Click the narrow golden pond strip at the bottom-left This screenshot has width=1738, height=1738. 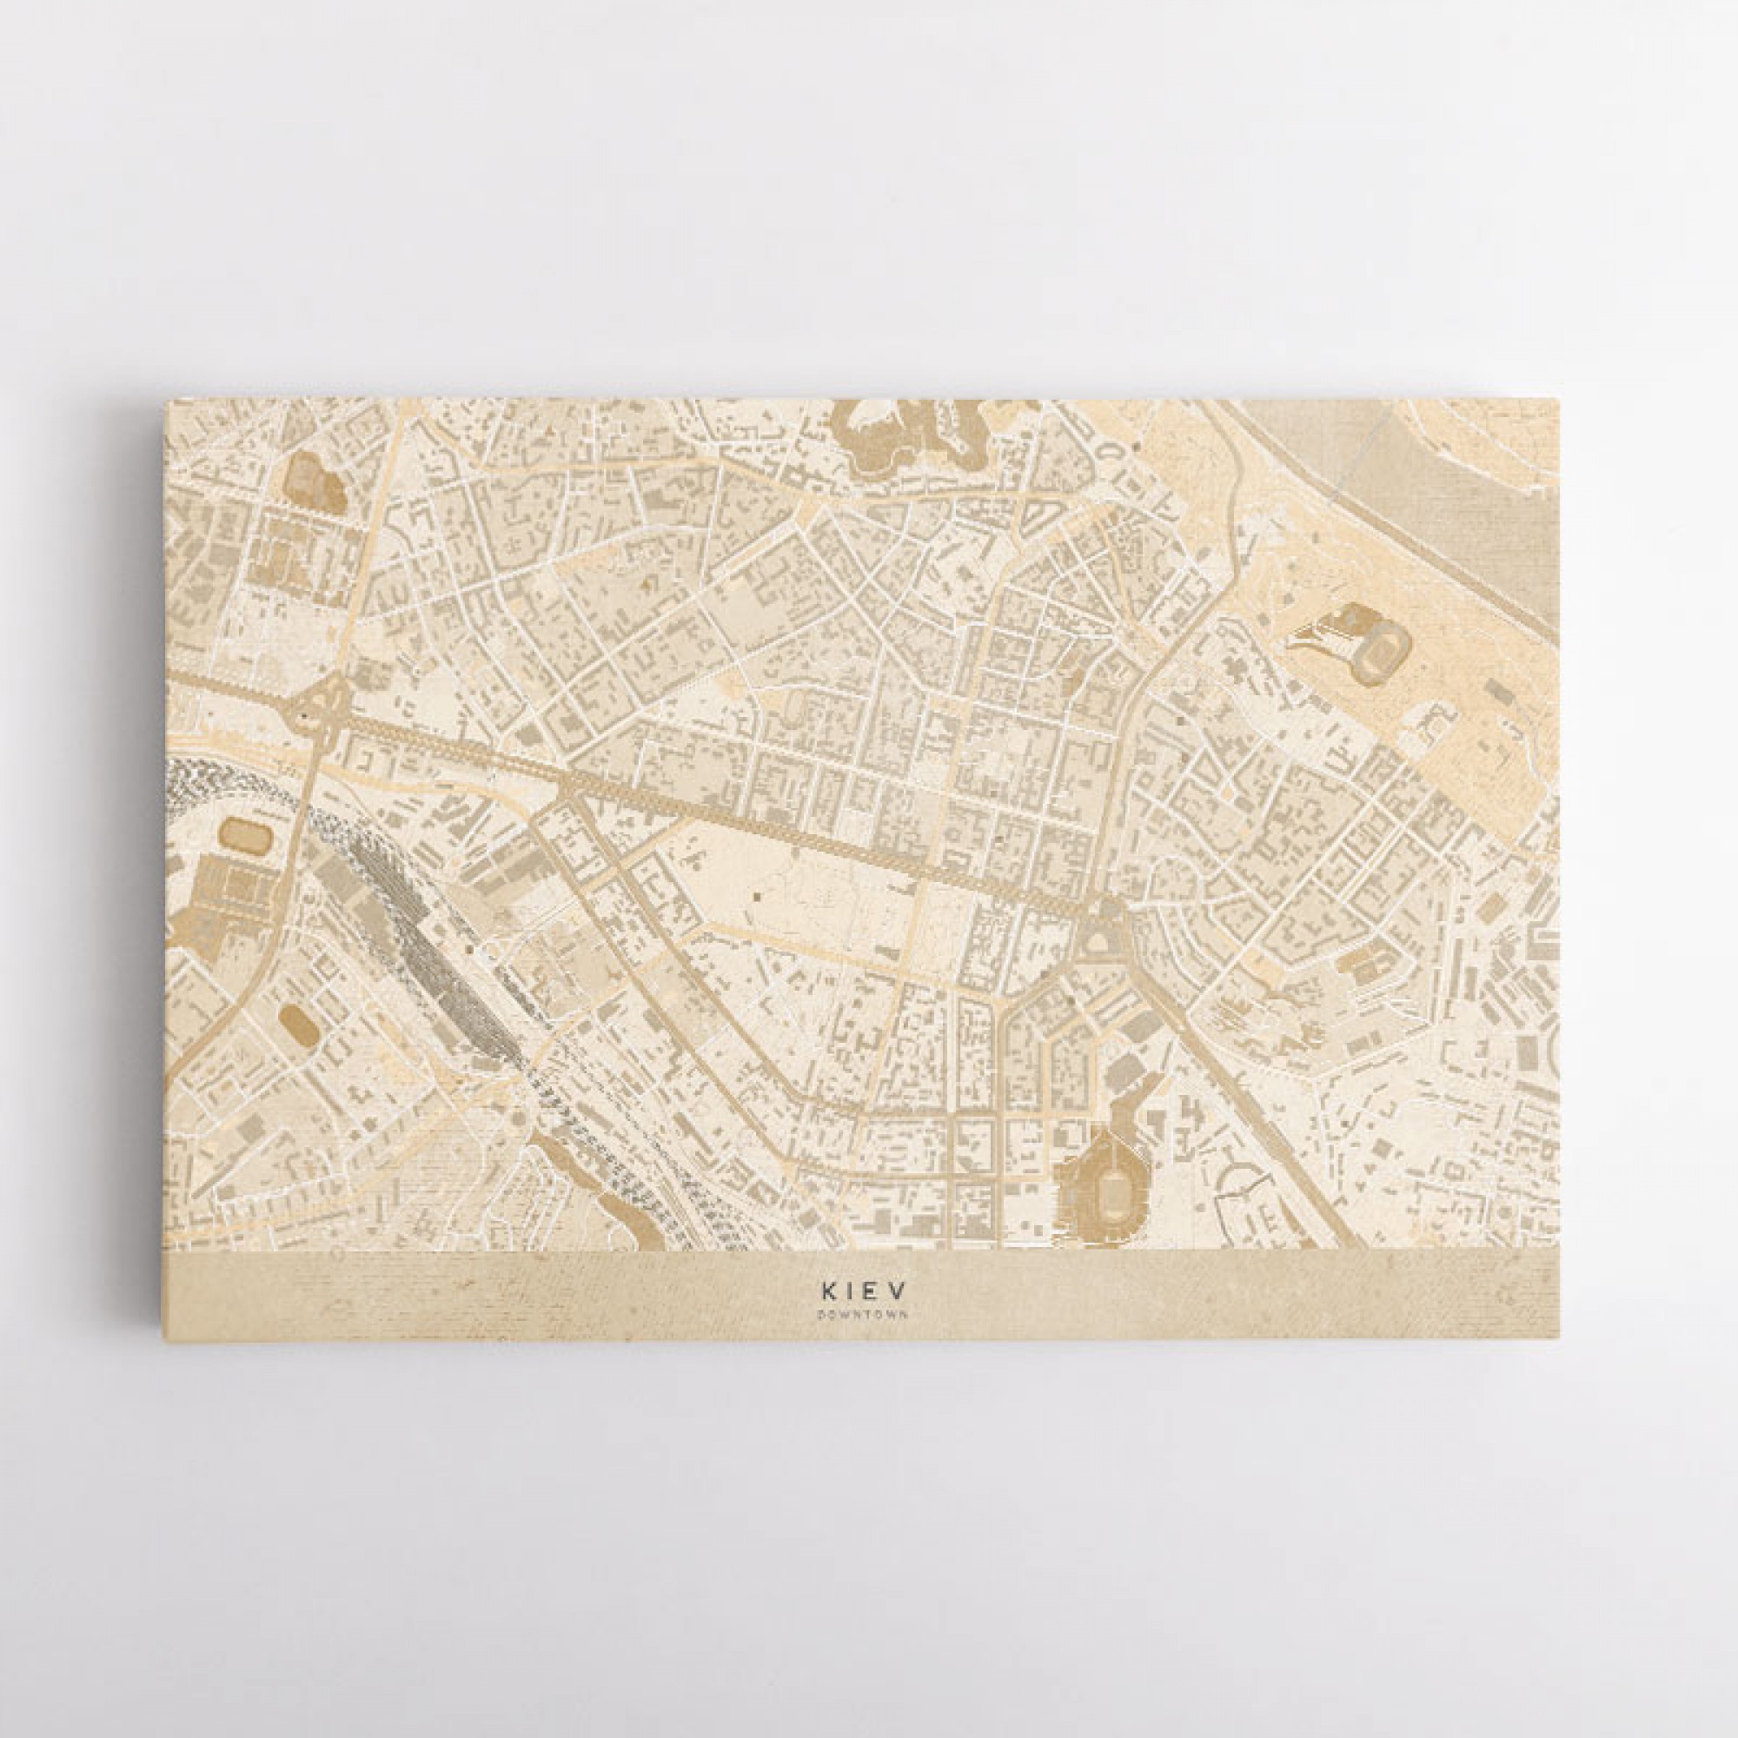click(620, 1215)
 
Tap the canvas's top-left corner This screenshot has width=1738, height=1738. click(165, 403)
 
